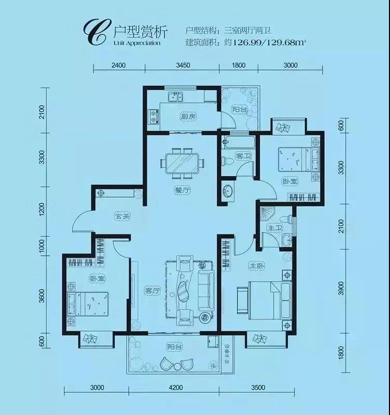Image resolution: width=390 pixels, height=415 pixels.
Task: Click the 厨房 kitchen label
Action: tap(188, 116)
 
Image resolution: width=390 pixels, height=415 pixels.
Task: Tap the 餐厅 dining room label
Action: tap(183, 190)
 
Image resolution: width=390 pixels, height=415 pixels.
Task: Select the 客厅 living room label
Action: tap(153, 291)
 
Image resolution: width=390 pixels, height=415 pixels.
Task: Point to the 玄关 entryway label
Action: tap(122, 216)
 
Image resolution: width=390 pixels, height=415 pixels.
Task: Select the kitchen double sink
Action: tap(175, 97)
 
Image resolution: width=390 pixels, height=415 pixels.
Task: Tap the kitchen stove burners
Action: tap(154, 117)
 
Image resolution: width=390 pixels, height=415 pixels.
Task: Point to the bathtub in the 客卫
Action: tap(239, 142)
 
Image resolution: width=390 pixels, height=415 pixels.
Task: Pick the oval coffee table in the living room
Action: tap(183, 290)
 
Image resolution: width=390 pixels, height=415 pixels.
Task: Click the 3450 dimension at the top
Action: tap(183, 65)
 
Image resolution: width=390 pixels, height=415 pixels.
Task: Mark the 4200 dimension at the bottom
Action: tap(175, 388)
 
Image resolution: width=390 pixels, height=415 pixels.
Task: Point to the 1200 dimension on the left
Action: tap(42, 210)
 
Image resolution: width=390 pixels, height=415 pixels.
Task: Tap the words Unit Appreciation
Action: tap(137, 43)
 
